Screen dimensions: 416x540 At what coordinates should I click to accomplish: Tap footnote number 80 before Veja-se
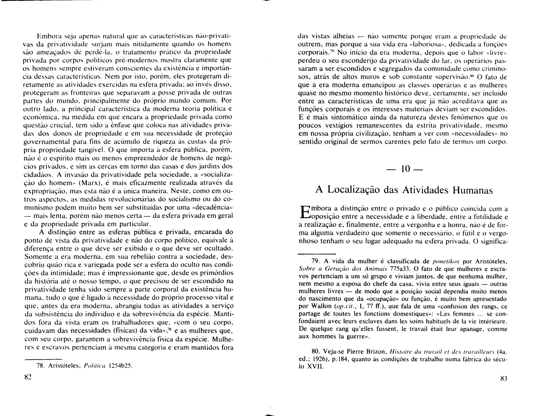coord(316,352)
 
